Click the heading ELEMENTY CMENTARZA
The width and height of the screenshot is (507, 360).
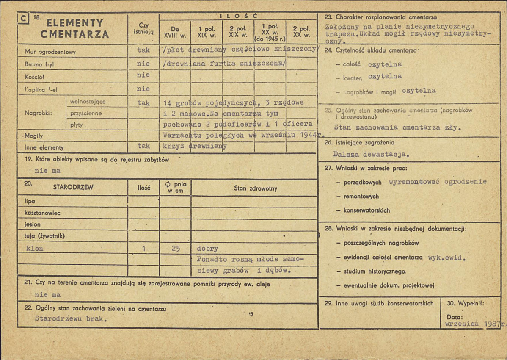pos(75,29)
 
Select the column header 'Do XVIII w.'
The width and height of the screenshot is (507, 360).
pos(174,32)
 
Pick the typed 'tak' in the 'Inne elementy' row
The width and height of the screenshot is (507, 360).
pos(143,146)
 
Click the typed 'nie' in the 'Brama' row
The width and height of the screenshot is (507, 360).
pos(143,64)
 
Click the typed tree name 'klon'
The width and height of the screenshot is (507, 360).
pos(35,248)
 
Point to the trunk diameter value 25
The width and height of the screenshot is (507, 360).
pos(176,249)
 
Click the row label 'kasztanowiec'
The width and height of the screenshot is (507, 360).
pos(38,213)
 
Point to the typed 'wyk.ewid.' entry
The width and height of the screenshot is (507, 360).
pos(447,257)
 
